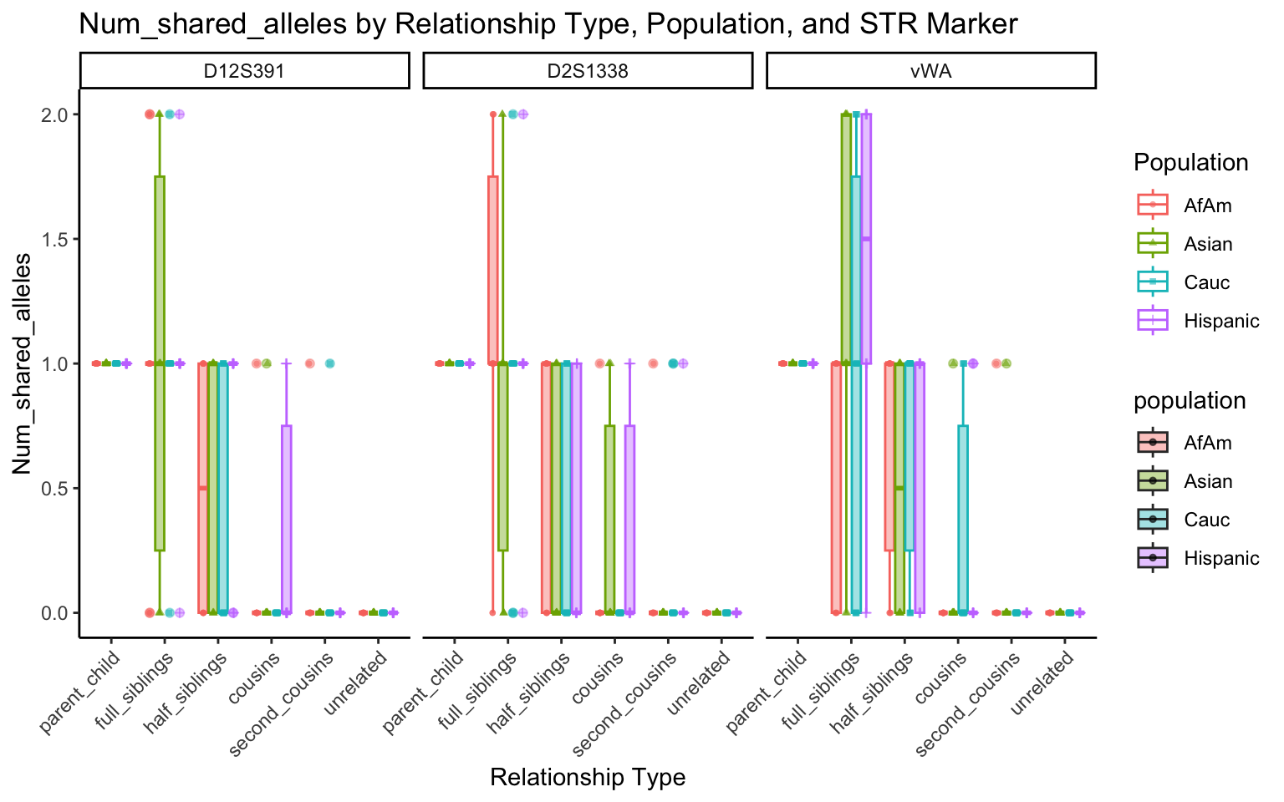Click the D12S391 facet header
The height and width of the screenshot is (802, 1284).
pos(244,71)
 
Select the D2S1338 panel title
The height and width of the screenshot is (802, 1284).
pos(587,71)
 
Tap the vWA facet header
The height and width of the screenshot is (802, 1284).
pos(930,71)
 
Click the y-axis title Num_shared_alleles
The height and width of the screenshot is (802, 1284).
pos(22,363)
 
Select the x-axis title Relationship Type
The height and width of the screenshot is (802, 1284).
pos(587,778)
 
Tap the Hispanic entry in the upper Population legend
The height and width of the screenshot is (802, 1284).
pos(1220,321)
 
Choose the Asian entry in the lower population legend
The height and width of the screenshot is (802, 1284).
pos(1207,481)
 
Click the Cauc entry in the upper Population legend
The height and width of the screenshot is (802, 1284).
pos(1206,282)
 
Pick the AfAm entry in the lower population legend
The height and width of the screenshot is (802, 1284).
pos(1207,443)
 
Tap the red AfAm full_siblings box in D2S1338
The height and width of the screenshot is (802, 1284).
pos(493,267)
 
